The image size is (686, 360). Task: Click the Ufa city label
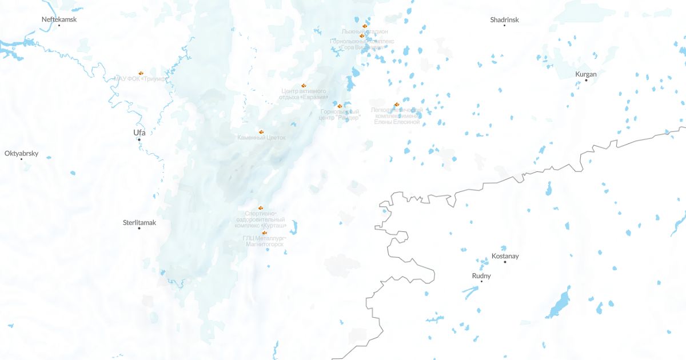[x=139, y=133]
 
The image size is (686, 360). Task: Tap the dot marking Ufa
[x=139, y=139]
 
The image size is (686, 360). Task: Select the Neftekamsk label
[x=59, y=19]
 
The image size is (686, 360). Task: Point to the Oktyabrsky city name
[x=21, y=153]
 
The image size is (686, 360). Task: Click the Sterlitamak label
[x=139, y=222]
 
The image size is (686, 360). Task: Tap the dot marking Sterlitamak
[x=139, y=229]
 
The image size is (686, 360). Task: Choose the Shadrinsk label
[x=504, y=19]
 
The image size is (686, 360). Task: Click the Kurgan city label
[x=586, y=74]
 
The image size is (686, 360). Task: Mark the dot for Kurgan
[x=586, y=80]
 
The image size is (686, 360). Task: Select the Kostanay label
[x=505, y=256]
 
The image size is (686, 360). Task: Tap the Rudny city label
[x=481, y=276]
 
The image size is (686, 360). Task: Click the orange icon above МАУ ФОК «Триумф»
[x=141, y=73]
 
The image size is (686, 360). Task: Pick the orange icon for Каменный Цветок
[x=261, y=132]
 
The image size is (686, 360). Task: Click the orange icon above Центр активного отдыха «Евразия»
[x=304, y=86]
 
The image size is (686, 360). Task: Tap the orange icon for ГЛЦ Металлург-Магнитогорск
[x=264, y=233]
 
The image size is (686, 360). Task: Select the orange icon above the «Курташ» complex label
[x=261, y=208]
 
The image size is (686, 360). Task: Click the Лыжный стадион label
[x=365, y=31]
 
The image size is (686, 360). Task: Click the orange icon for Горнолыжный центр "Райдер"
[x=340, y=106]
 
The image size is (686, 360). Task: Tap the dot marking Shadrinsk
[x=504, y=26]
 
